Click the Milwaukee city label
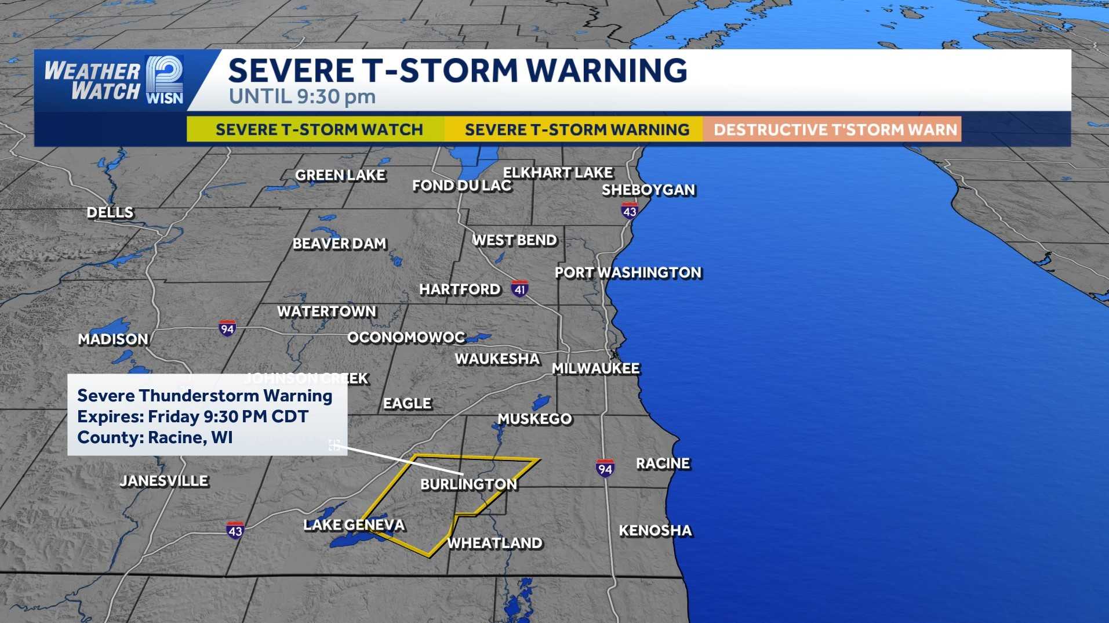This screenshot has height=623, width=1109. (x=595, y=368)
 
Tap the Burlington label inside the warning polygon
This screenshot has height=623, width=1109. (x=468, y=484)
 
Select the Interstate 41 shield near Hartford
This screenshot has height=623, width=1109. (x=519, y=288)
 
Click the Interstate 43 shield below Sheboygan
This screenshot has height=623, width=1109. (x=630, y=211)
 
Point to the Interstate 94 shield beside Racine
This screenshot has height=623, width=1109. (x=605, y=468)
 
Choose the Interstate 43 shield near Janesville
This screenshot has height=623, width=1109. (x=235, y=530)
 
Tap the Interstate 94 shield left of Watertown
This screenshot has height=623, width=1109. (x=227, y=329)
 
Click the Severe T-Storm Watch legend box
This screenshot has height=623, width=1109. (x=316, y=129)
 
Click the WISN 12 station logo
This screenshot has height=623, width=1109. (x=165, y=80)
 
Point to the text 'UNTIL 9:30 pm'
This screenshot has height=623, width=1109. (x=302, y=96)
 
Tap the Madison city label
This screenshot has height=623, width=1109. (x=113, y=339)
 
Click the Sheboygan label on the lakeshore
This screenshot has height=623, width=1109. (x=648, y=190)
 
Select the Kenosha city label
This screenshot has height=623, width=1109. (x=655, y=530)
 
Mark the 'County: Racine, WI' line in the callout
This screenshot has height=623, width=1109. (x=155, y=437)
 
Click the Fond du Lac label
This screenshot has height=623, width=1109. (x=461, y=186)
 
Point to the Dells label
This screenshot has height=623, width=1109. (x=110, y=212)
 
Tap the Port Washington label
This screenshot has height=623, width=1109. (x=628, y=272)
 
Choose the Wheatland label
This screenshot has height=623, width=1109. (x=494, y=543)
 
